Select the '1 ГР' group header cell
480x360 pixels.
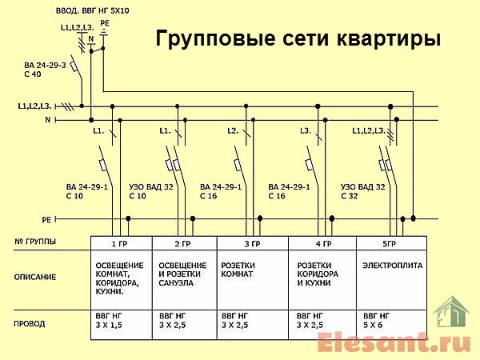coord(118,243)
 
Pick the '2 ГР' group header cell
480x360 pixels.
coord(183,243)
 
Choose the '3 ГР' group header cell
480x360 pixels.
coord(252,243)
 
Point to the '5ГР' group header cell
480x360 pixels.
coord(390,243)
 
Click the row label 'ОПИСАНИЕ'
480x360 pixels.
coord(36,277)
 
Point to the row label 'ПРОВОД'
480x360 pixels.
coord(30,324)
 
